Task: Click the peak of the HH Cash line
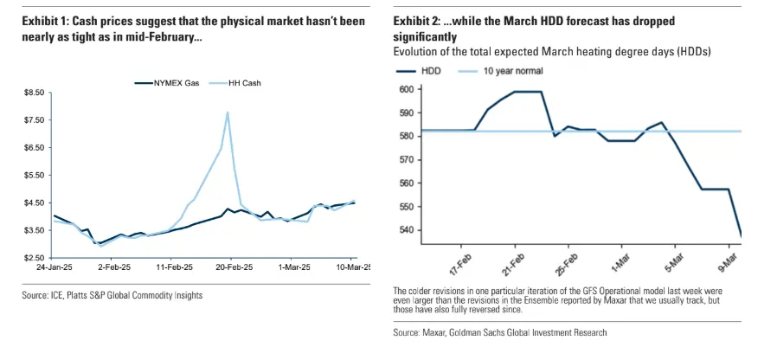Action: point(228,112)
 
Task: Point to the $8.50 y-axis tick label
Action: point(34,92)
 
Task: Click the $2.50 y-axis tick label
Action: point(34,258)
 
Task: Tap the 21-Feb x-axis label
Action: point(513,259)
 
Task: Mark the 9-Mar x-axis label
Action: point(728,259)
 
